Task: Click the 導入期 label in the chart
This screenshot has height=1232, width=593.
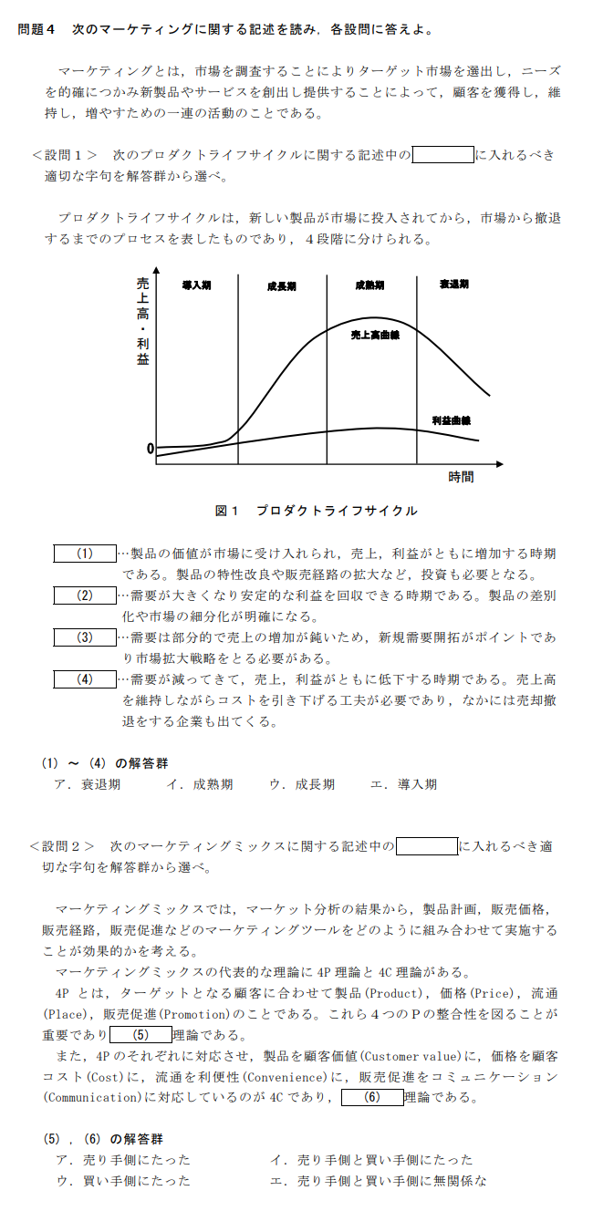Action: [196, 285]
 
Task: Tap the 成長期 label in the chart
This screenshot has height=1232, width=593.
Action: [281, 285]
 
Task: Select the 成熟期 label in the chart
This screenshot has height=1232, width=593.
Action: [369, 285]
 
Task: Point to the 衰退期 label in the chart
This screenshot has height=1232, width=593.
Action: [453, 285]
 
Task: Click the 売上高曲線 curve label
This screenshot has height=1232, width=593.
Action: [376, 336]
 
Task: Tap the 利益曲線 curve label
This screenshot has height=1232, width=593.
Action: [451, 420]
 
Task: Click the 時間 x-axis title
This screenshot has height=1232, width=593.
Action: [461, 477]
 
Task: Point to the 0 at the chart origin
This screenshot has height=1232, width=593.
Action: [150, 449]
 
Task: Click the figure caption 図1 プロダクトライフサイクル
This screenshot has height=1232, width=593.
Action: [316, 511]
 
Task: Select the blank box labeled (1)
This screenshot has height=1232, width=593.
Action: [85, 554]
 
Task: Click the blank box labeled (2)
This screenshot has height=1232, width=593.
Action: [85, 595]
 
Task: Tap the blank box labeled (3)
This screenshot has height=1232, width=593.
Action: [85, 637]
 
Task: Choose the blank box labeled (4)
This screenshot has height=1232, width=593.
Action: [85, 678]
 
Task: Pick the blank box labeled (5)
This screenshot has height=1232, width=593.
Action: [140, 1034]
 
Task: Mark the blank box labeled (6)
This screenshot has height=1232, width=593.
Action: [371, 1097]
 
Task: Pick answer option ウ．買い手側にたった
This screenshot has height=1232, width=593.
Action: [123, 1181]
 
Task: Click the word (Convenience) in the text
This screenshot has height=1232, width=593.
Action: [293, 1077]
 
